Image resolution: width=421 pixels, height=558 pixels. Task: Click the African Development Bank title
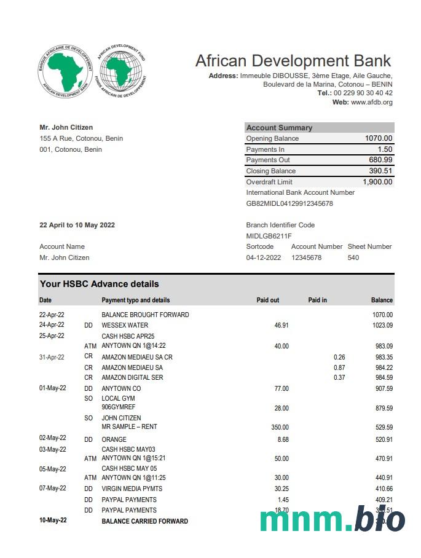tap(293, 61)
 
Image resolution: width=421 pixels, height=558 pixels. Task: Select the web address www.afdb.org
tap(371, 102)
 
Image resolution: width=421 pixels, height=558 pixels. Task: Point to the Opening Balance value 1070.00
tap(379, 138)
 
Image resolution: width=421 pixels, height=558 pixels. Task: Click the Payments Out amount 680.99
tap(381, 160)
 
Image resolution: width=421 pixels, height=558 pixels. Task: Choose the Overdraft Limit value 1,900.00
tap(377, 182)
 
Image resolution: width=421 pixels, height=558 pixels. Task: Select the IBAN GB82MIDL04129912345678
tap(289, 203)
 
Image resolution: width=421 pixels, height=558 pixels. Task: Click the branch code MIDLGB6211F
tap(269, 236)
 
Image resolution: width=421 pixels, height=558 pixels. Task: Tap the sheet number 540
tap(353, 257)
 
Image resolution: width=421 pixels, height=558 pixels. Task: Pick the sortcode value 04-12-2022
tap(264, 257)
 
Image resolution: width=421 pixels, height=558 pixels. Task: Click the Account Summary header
tap(279, 128)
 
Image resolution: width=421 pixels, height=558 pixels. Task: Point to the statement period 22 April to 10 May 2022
tap(77, 225)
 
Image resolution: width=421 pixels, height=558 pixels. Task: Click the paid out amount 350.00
tap(280, 427)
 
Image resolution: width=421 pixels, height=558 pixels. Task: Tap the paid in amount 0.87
tap(339, 367)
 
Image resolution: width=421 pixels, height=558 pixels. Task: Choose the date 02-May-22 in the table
tap(53, 438)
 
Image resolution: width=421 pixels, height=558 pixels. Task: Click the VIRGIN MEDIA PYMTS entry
tap(132, 489)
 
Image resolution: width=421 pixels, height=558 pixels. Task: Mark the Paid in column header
tap(317, 300)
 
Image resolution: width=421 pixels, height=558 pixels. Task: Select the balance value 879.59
tap(384, 408)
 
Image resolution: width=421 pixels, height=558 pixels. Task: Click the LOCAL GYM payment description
tap(118, 399)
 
